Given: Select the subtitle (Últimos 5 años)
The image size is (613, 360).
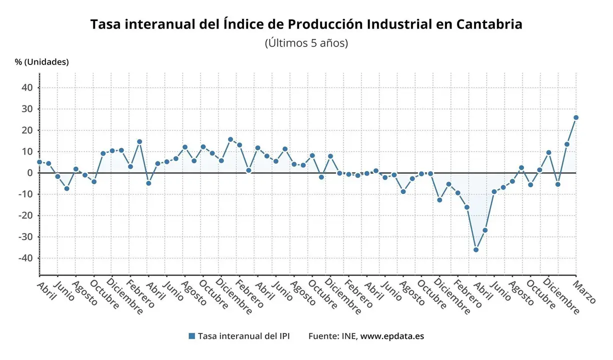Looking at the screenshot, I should [306, 43].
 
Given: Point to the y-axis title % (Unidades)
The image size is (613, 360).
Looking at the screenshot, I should [41, 62].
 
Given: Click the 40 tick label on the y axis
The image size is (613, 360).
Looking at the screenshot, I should [27, 87].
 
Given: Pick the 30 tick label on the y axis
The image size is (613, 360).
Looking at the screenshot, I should [27, 109].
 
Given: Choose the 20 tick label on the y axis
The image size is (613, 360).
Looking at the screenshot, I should [27, 130].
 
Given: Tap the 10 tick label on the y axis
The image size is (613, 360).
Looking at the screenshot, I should [27, 151].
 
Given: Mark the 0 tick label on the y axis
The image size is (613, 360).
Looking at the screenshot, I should [30, 173].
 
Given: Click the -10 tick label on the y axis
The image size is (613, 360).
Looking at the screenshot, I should [25, 194].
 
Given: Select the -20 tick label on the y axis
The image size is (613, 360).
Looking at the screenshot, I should [25, 215].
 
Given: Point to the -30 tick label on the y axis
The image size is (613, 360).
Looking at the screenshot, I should [25, 237].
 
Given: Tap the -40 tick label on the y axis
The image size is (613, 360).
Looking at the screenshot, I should [25, 258].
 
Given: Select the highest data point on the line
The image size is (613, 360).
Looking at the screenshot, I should [576, 117].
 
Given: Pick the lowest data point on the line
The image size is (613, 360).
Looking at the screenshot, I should [476, 249].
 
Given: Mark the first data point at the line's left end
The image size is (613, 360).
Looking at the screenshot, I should [39, 162].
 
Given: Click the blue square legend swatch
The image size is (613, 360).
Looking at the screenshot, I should [191, 336].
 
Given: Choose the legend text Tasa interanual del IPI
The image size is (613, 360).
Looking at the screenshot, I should [243, 336].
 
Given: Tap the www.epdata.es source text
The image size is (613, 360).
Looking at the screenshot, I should [392, 336].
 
